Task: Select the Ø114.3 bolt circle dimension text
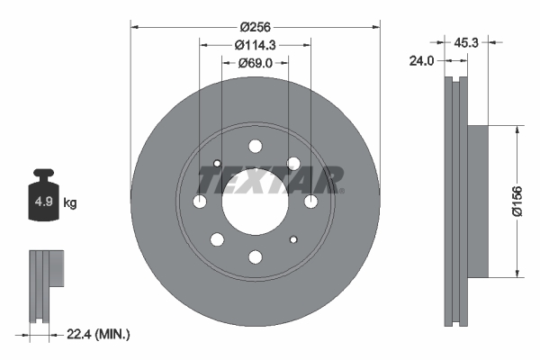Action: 255,45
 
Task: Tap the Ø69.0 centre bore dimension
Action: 255,63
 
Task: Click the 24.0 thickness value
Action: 423,61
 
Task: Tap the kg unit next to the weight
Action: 70,202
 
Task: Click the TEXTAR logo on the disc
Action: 270,180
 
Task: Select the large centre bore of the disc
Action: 255,202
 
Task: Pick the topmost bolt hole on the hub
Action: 255,147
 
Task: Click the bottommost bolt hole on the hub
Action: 255,257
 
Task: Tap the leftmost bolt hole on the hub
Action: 199,202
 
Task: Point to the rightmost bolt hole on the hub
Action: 310,202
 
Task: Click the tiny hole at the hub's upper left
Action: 217,163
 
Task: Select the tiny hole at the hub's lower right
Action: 293,240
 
